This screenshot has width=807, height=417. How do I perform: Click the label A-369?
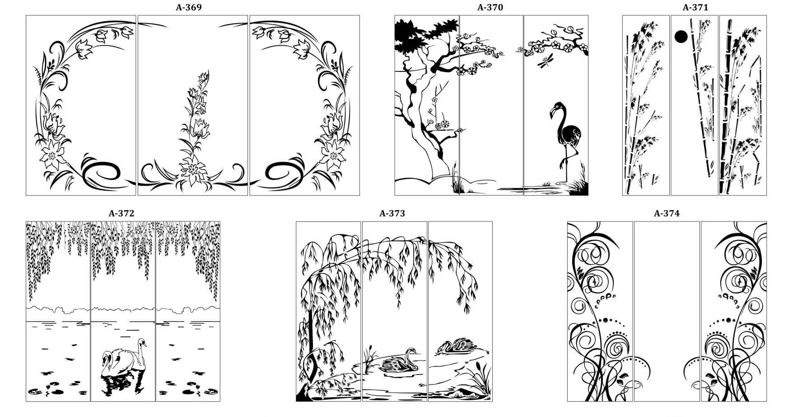pyautogui.click(x=189, y=7)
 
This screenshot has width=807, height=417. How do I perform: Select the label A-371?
pyautogui.click(x=695, y=7)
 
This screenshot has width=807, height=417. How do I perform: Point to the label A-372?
pyautogui.click(x=121, y=213)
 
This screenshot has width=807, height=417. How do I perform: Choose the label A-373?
pyautogui.click(x=392, y=213)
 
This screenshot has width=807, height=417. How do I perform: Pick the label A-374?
pyautogui.click(x=667, y=213)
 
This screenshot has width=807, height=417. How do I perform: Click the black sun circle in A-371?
pyautogui.click(x=681, y=37)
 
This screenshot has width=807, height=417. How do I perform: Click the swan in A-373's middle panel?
pyautogui.click(x=399, y=362)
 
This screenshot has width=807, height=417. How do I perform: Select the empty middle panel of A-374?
pyautogui.click(x=667, y=311)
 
